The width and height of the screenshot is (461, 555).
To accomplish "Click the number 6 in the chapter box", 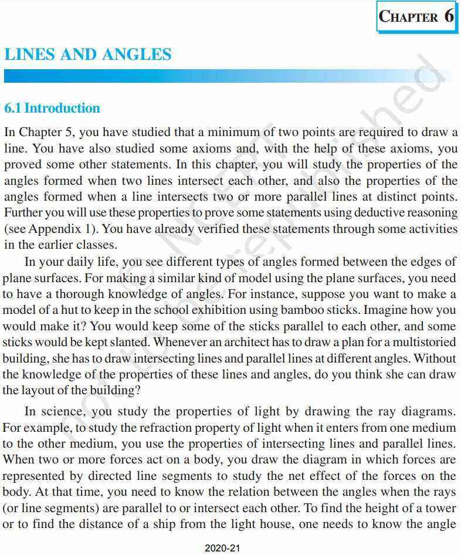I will click(449, 16).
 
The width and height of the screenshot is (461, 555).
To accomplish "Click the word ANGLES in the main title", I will click(137, 55).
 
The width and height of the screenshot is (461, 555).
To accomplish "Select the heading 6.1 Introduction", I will click(52, 108).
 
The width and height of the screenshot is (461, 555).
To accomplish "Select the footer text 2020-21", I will click(223, 549).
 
